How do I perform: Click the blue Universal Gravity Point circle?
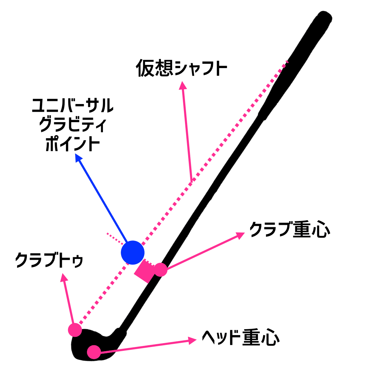point(132,252)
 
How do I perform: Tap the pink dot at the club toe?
point(75,330)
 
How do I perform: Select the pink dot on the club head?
point(94,352)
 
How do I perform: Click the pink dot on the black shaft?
point(161,269)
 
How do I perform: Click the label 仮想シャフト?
point(182,68)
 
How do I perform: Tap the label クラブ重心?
point(289,230)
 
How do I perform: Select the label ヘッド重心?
point(241,337)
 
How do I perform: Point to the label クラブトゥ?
point(49,260)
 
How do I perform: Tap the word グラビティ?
point(72,125)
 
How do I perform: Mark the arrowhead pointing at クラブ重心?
point(241,235)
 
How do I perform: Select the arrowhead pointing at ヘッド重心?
point(193,340)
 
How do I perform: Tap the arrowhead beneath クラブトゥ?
point(64,277)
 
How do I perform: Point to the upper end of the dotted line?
point(287,62)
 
